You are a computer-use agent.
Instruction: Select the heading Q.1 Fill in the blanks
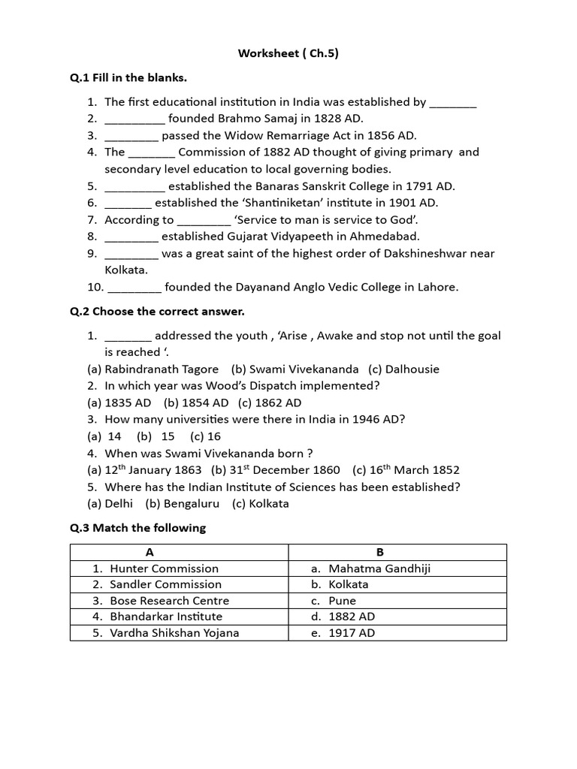coord(128,78)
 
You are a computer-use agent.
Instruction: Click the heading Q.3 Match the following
coord(137,528)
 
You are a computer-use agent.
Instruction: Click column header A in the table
coord(150,552)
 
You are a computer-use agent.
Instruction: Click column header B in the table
coord(397,552)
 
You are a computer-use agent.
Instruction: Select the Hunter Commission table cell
coord(164,568)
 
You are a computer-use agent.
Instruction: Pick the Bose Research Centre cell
coord(169,601)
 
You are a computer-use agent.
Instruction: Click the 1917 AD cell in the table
coord(352,633)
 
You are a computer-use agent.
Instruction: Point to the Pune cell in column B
coord(343,601)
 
